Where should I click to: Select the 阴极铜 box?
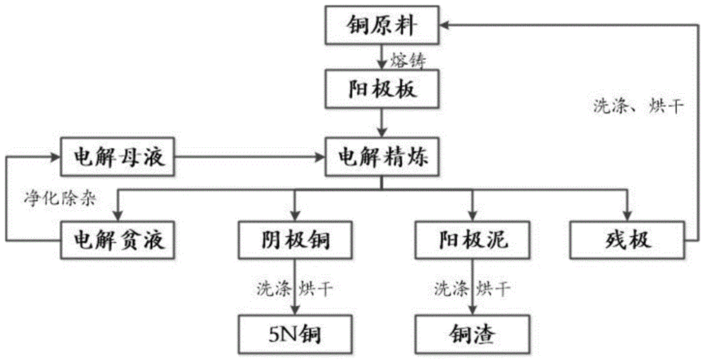[294, 238]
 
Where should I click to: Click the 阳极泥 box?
[472, 238]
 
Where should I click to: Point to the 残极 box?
[626, 238]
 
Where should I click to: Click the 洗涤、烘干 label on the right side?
[633, 106]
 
